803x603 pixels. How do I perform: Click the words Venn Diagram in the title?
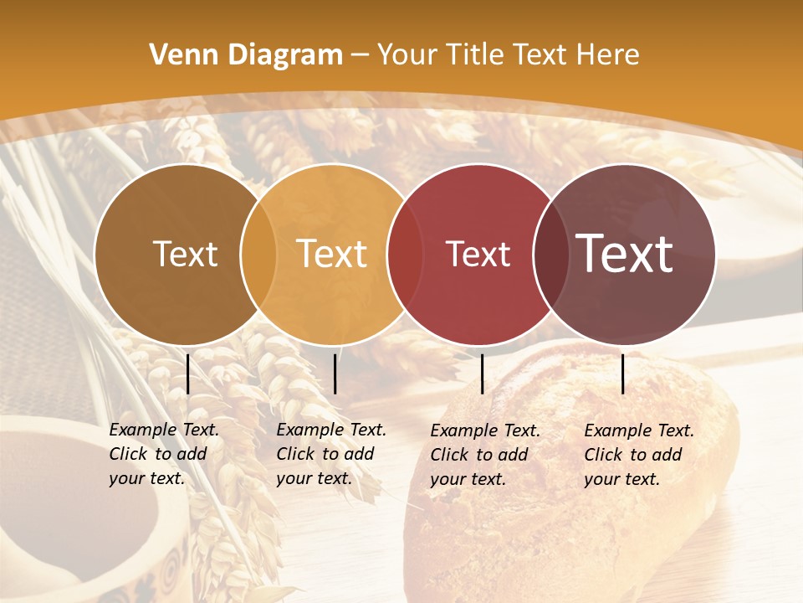click(x=246, y=55)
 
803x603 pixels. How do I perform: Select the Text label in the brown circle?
click(x=186, y=254)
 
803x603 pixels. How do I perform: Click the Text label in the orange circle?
click(x=332, y=254)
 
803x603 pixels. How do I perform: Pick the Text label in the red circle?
click(x=478, y=254)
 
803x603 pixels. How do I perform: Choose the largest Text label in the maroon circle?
click(x=625, y=253)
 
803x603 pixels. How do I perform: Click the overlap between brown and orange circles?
click(x=258, y=254)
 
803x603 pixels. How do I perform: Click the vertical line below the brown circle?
click(x=188, y=374)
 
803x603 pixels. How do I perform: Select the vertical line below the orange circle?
click(x=335, y=374)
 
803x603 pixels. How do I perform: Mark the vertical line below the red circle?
click(x=482, y=374)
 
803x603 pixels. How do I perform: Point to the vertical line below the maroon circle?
click(x=623, y=374)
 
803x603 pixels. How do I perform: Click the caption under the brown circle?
click(x=163, y=454)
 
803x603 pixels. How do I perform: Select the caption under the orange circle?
click(x=330, y=454)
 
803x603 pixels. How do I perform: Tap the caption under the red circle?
click(x=484, y=455)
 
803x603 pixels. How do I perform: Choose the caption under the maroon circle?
click(x=638, y=455)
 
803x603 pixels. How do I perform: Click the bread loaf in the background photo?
click(x=569, y=469)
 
